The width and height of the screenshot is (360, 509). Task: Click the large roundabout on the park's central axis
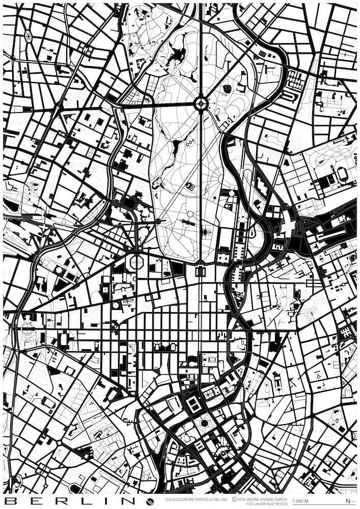(201, 104)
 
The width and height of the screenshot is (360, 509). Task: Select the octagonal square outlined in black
(136, 263)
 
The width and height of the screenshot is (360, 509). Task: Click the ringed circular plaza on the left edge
(27, 328)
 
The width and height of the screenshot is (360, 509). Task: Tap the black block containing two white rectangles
(193, 404)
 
